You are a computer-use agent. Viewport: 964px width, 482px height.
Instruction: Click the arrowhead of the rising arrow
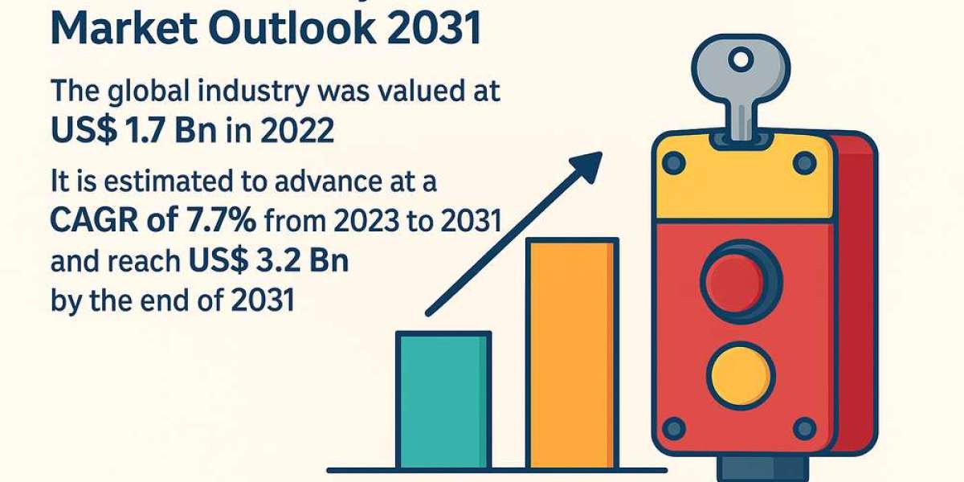(590, 161)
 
